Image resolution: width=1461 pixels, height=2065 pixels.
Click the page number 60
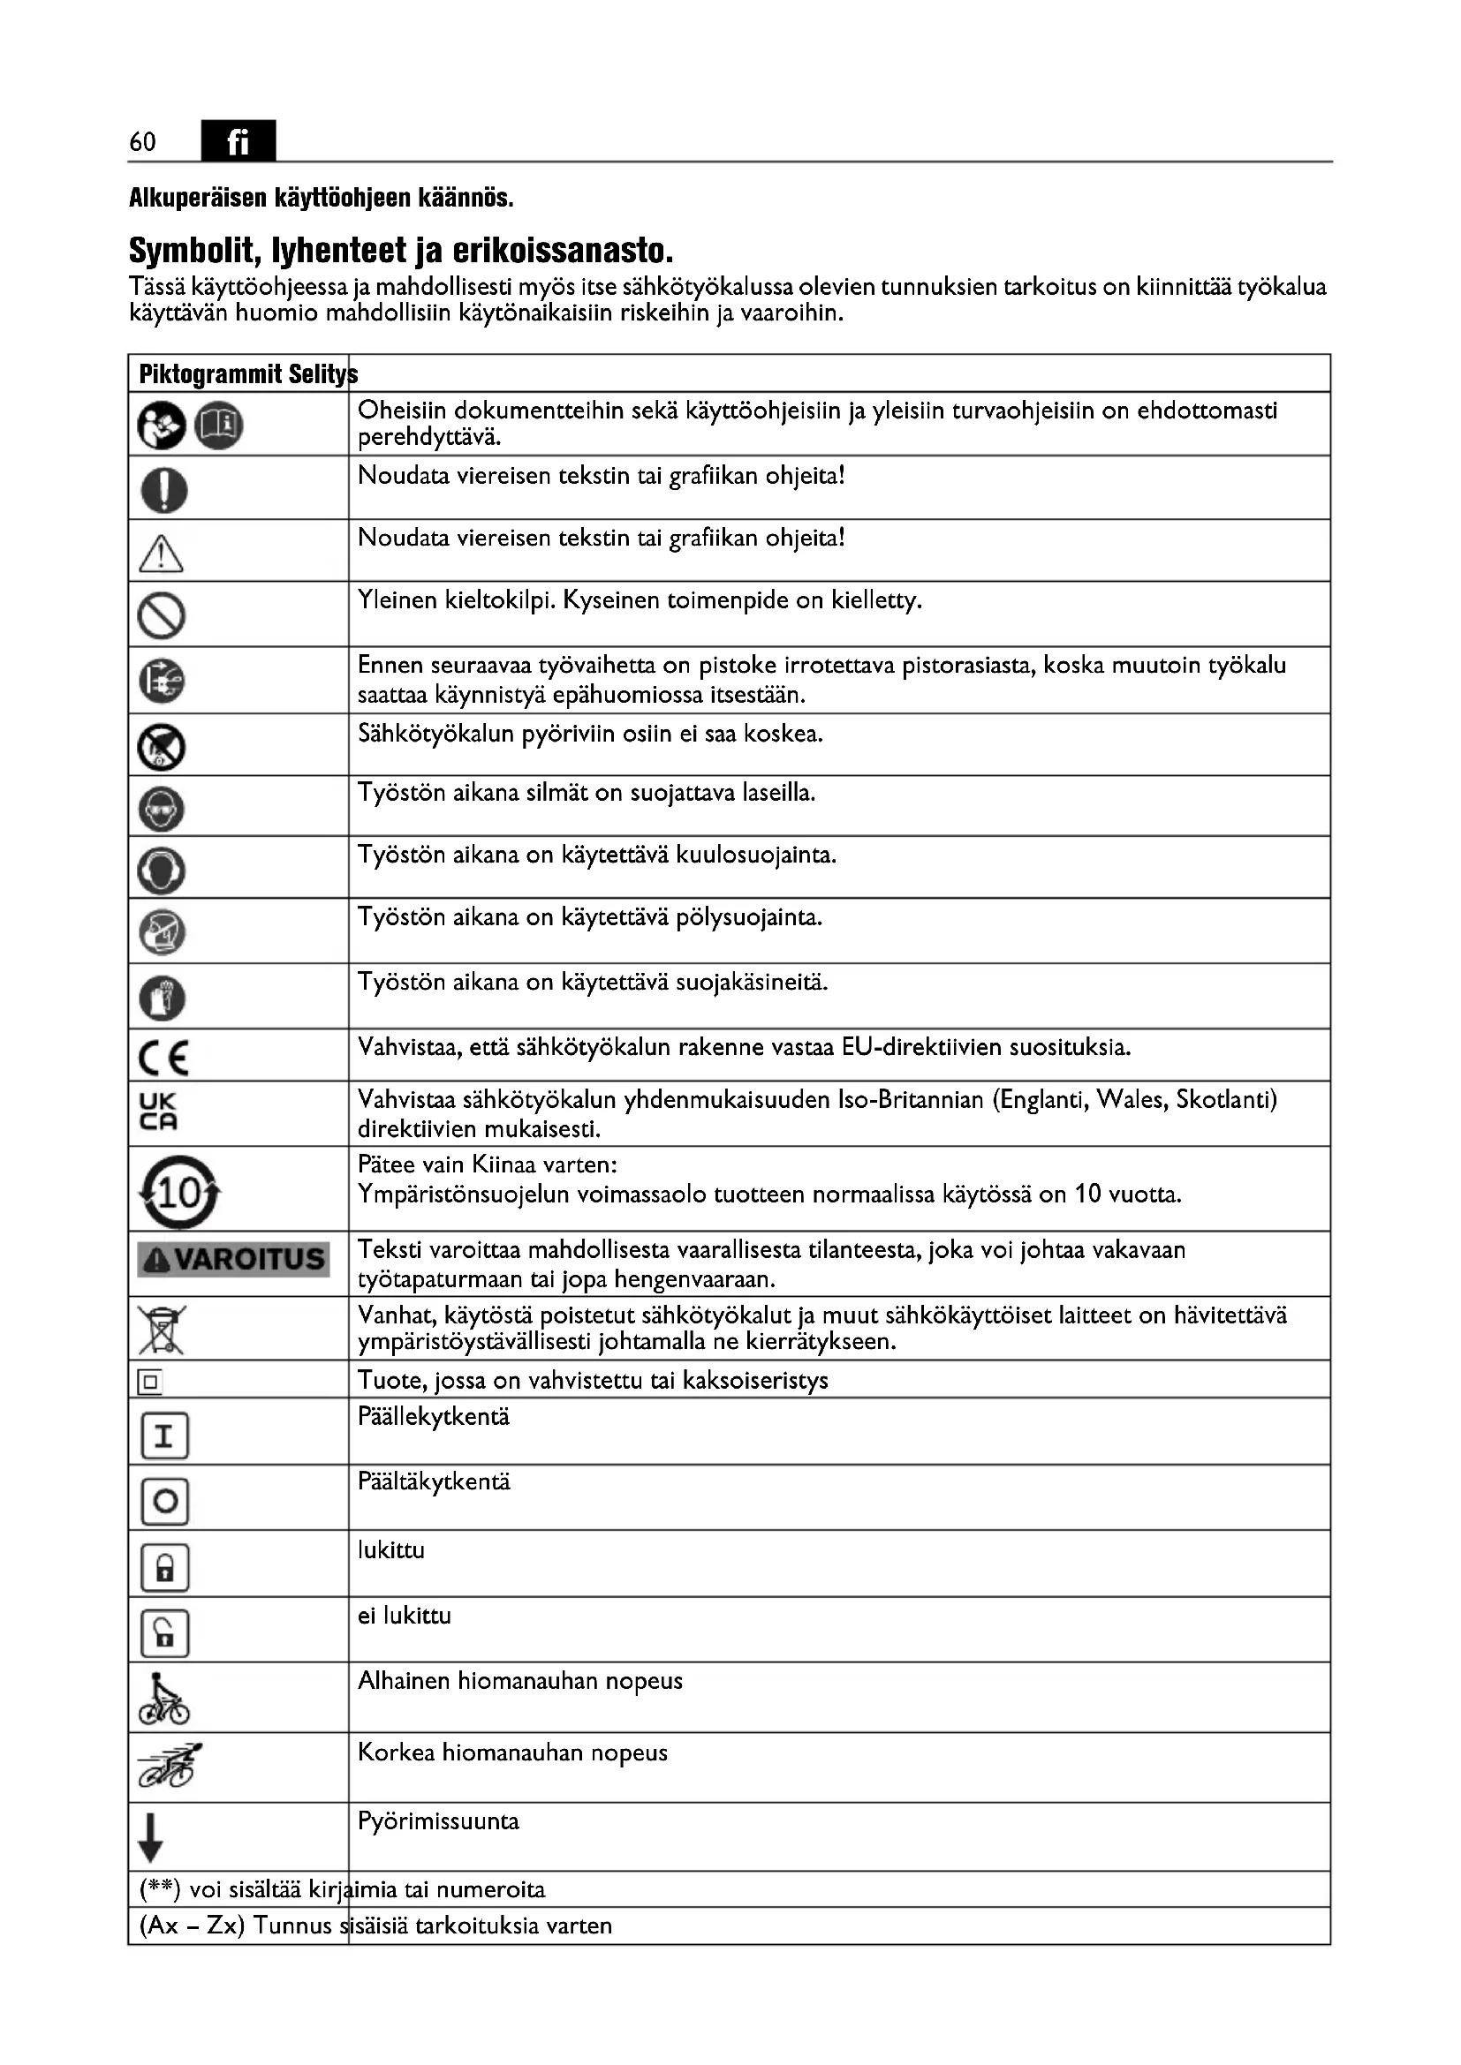(x=142, y=141)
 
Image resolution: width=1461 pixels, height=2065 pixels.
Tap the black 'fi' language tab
(x=238, y=141)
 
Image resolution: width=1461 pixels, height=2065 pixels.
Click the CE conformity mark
(x=163, y=1058)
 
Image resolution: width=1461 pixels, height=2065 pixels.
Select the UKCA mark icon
(x=158, y=1112)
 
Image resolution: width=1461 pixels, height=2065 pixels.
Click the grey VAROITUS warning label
(x=233, y=1258)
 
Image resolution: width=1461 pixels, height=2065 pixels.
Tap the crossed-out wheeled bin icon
(x=162, y=1330)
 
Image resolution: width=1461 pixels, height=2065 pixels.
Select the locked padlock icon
(x=164, y=1568)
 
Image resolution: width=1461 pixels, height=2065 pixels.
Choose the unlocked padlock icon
(x=164, y=1633)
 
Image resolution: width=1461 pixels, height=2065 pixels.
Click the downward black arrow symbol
(x=150, y=1838)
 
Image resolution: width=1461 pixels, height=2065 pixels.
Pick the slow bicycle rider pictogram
(x=163, y=1699)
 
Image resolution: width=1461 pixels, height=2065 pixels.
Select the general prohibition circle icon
(x=162, y=616)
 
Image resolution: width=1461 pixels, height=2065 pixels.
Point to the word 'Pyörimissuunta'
(x=438, y=1821)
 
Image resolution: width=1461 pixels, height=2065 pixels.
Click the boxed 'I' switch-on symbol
(x=164, y=1436)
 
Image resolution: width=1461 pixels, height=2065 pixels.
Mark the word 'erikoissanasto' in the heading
(x=562, y=251)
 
